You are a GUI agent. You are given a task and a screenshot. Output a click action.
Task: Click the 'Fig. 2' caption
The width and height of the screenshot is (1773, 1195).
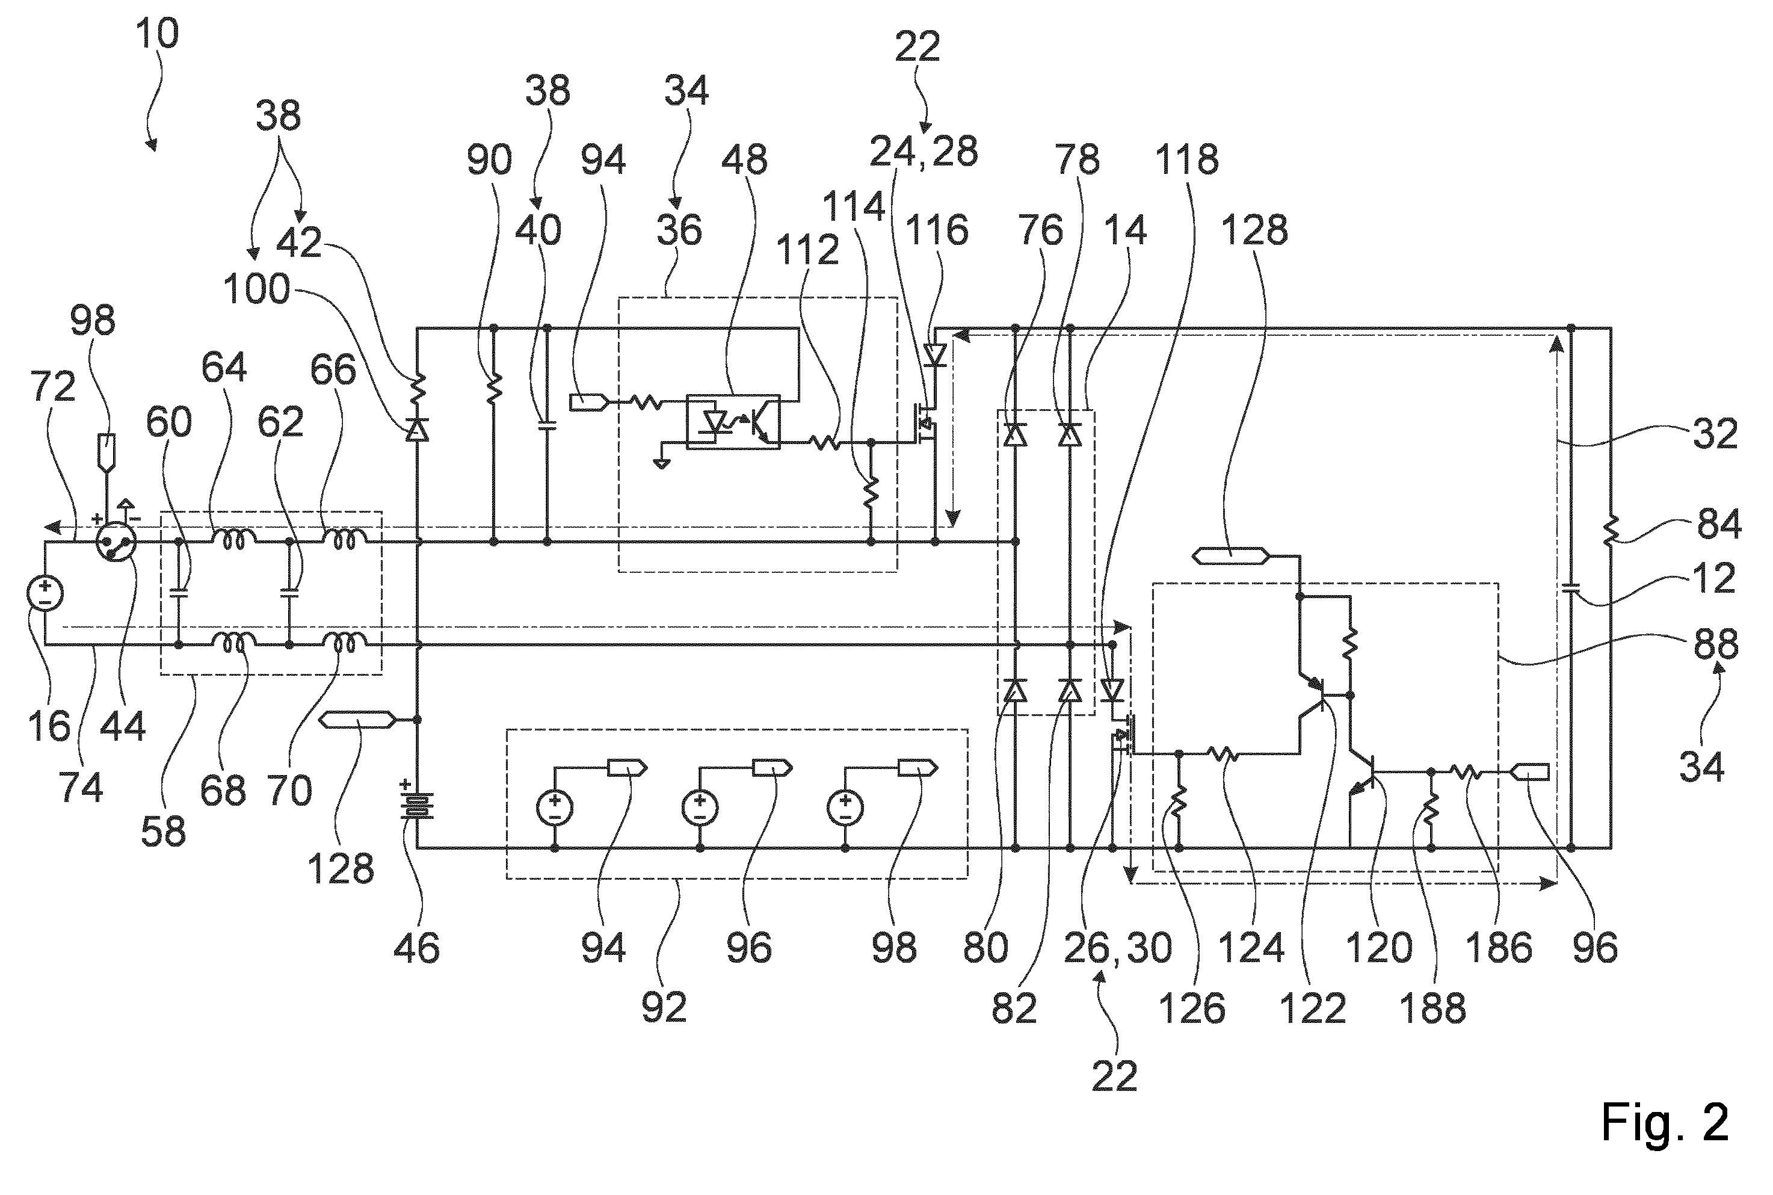(1664, 1121)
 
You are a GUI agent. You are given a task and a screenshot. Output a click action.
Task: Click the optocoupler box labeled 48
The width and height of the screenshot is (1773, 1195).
(733, 421)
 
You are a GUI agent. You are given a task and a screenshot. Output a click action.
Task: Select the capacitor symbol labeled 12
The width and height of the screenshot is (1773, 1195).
(1570, 588)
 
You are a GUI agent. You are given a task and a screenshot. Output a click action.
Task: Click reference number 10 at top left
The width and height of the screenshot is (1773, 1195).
(157, 34)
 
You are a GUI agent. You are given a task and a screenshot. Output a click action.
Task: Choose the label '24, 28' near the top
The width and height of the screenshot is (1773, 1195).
(924, 152)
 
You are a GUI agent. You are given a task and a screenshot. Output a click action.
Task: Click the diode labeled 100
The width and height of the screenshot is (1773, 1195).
(417, 431)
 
